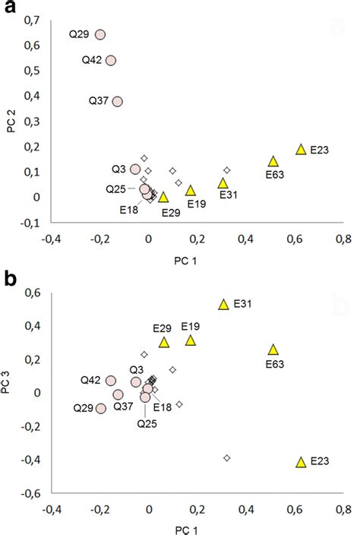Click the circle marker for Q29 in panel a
[x=99, y=35]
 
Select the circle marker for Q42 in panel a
[x=111, y=61]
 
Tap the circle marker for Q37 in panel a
[x=117, y=101]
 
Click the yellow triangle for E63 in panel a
[x=273, y=161]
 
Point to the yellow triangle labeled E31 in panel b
[x=224, y=304]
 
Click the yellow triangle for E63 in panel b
[x=273, y=350]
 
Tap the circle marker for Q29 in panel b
[x=100, y=408]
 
